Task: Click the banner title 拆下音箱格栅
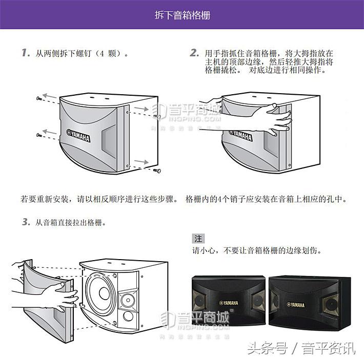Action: coord(182,15)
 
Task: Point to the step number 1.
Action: coord(25,53)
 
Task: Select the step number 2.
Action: coord(194,53)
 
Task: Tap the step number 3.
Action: coord(25,222)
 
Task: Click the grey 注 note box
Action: coord(198,239)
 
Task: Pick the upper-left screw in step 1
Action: coord(39,98)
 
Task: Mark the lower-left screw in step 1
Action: coord(39,135)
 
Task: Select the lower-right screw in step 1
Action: coord(157,170)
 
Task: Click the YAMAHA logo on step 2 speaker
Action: coord(240,135)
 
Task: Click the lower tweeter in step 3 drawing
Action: coord(127,317)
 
